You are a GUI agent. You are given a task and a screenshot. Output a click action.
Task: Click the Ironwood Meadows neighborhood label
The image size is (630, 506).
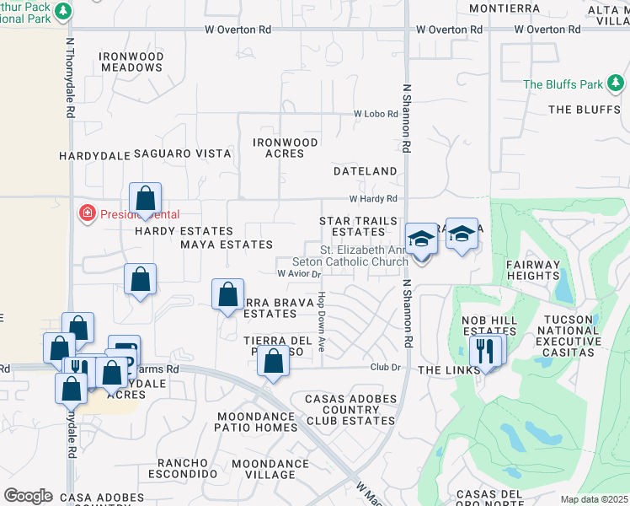pos(131,62)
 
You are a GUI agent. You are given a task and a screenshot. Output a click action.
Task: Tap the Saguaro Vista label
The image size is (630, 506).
pos(183,153)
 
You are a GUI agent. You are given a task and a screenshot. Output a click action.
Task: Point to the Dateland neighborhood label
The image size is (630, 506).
pos(365,171)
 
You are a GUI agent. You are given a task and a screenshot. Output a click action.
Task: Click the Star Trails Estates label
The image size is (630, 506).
pos(358,226)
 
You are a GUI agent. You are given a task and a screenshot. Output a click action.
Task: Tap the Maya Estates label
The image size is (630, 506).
pos(215,245)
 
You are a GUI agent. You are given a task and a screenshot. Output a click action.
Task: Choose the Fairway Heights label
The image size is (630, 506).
pos(532,270)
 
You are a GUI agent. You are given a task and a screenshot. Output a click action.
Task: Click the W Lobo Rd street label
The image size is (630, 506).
pos(375,113)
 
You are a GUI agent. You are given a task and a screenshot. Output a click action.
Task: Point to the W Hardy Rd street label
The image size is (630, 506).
pos(373,199)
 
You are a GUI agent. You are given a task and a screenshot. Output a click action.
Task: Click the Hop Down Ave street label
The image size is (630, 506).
pos(322,323)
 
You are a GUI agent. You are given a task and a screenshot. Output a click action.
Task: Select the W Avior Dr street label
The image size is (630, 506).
pos(300,273)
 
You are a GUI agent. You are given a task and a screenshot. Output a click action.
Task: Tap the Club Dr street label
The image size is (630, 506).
pos(383,368)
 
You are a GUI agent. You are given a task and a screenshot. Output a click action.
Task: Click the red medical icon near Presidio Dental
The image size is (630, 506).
pos(86,213)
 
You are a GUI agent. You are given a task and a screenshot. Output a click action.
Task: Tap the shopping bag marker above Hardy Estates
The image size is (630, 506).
pos(145,200)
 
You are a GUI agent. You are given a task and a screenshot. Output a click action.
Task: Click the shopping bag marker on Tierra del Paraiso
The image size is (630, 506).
pos(272,363)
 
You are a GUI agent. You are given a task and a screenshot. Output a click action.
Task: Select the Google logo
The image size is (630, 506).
pos(28,496)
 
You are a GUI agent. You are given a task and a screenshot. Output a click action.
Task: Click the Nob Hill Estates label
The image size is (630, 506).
pos(489,326)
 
